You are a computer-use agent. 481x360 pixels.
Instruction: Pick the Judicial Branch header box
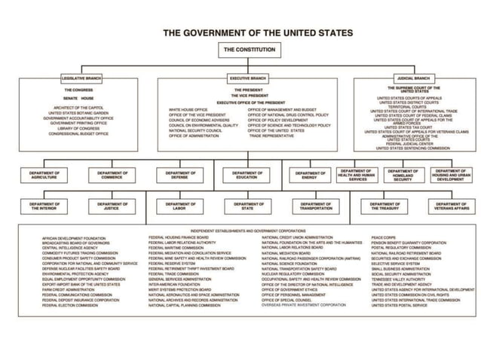(412, 78)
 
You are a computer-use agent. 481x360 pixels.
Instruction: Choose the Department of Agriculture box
(45, 175)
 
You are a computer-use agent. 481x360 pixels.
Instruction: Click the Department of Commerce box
(112, 175)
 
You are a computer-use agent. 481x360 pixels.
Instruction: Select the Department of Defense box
(180, 175)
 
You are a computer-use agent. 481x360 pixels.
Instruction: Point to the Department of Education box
(247, 175)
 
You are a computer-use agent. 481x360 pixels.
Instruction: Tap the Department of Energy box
(311, 175)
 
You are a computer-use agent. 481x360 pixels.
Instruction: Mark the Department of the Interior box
(45, 206)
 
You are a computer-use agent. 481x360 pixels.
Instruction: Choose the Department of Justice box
(112, 206)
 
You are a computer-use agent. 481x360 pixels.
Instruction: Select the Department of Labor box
(180, 206)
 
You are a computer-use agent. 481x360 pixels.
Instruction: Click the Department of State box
(247, 206)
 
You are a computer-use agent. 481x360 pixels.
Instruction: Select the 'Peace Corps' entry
(383, 237)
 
